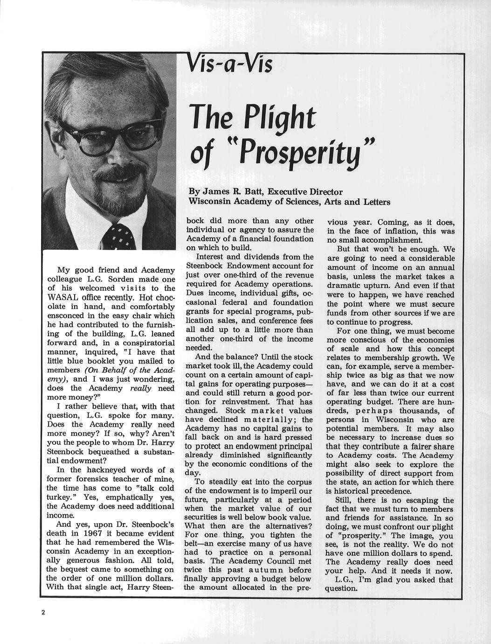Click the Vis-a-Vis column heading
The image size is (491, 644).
click(229, 63)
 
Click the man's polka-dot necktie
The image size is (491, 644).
click(121, 236)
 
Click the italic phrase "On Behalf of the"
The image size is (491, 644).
click(122, 370)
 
